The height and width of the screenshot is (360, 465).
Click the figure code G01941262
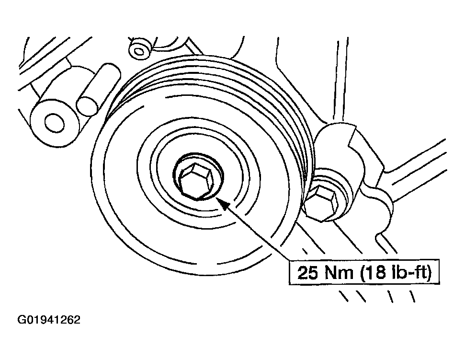[49, 320]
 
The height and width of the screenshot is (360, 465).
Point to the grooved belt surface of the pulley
[267, 98]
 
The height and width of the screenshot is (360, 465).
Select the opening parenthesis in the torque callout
[363, 273]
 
